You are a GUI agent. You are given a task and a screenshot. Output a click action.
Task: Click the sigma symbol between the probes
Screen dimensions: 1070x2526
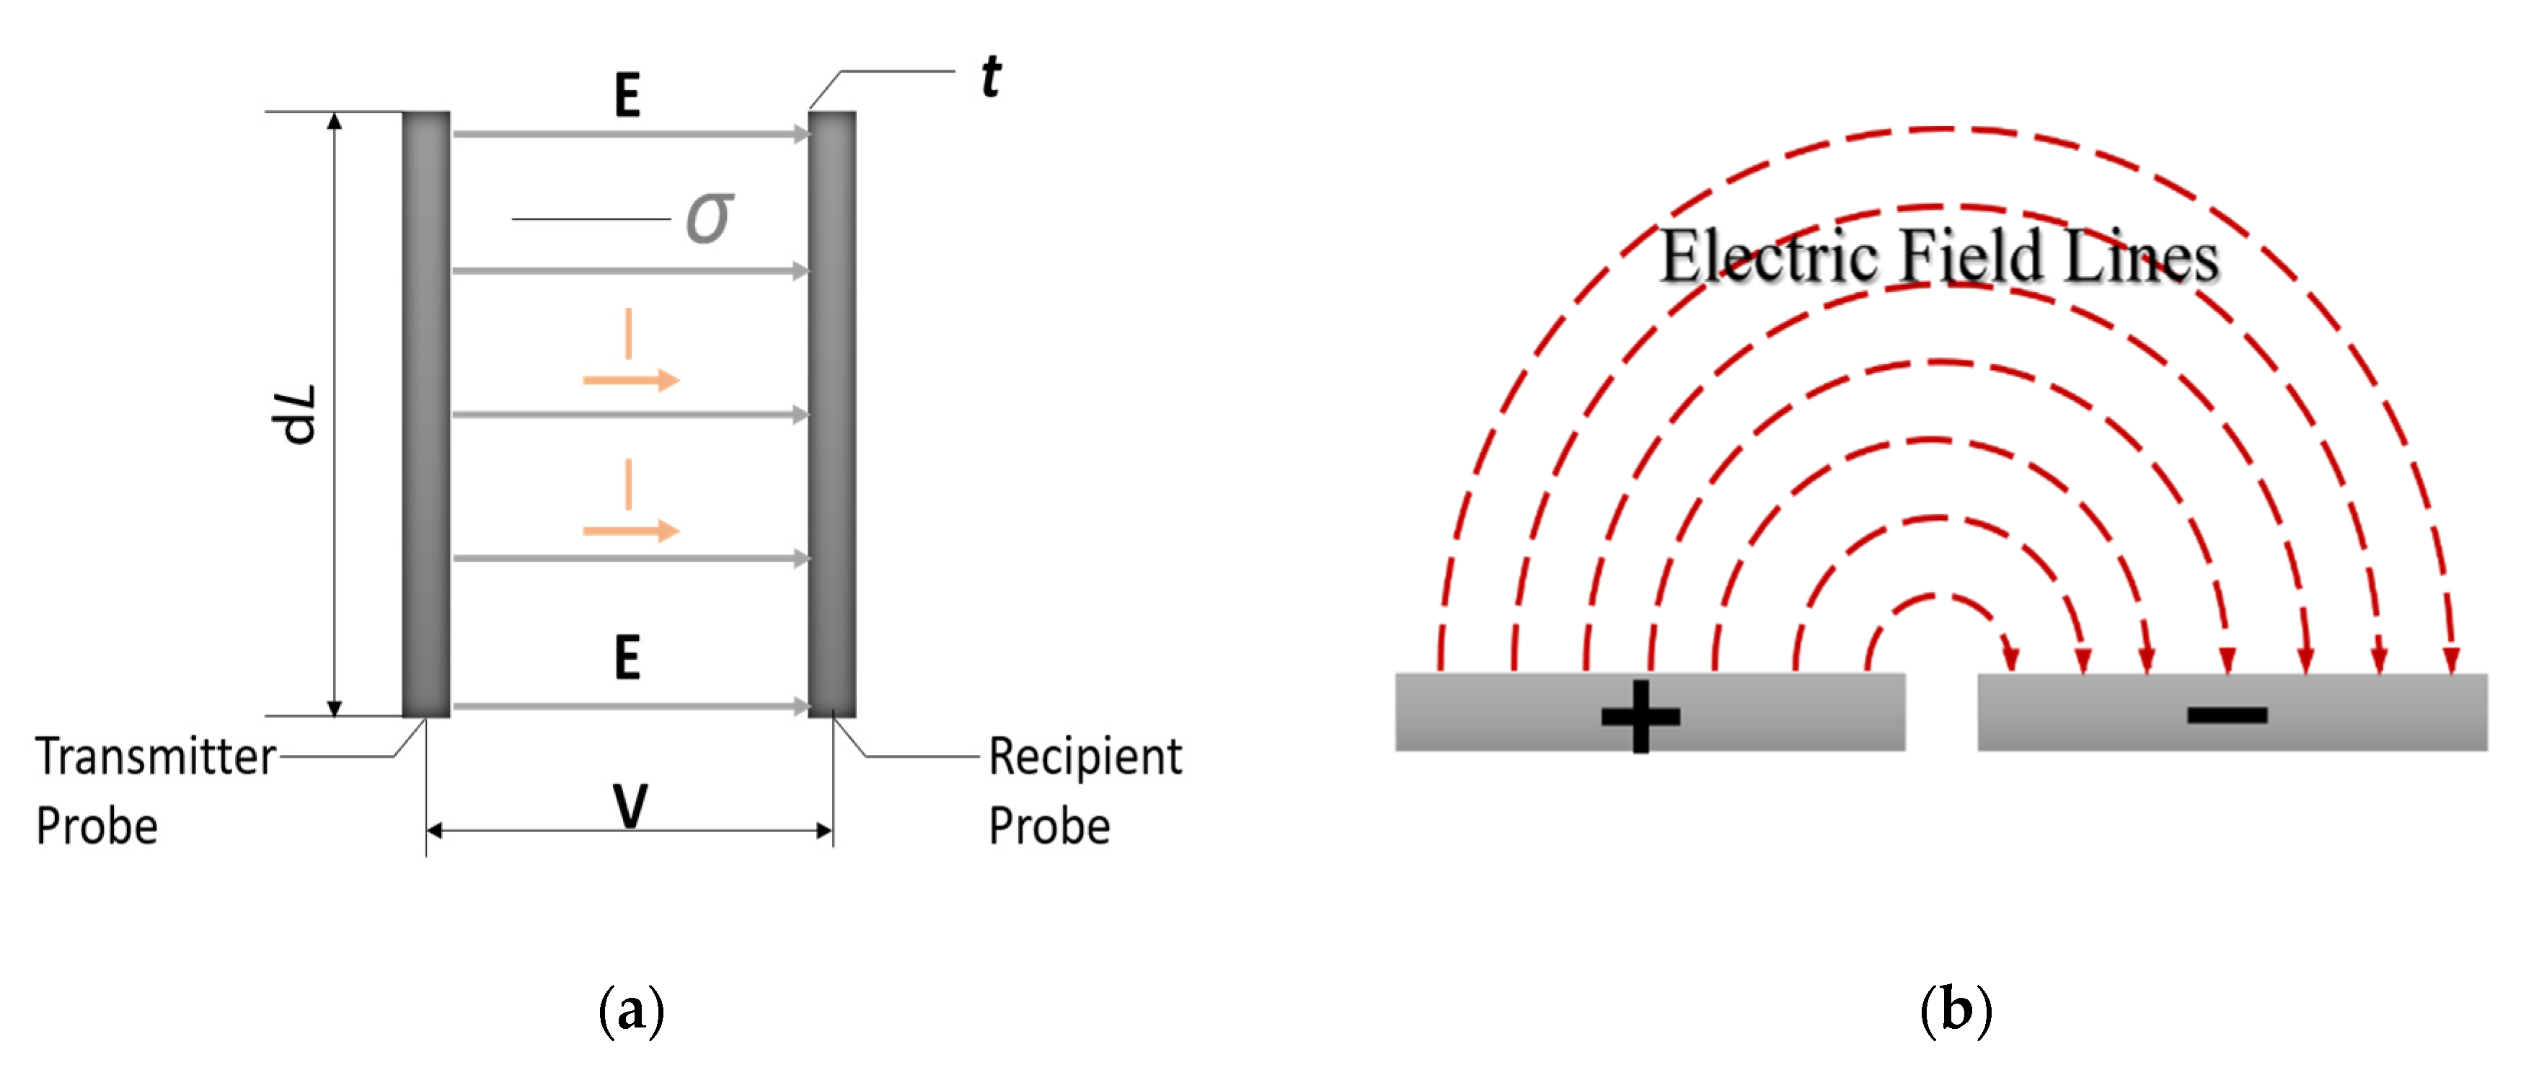pos(709,218)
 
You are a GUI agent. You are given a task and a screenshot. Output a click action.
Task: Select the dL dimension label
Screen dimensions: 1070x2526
pos(295,414)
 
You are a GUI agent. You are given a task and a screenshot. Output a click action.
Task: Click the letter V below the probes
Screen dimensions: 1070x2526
pos(630,806)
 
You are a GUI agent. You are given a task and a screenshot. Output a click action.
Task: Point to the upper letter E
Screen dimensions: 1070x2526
pos(627,96)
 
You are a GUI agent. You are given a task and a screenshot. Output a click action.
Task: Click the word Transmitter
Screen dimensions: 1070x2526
pos(156,757)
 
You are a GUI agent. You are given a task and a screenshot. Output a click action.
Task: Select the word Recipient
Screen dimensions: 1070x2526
pos(1085,757)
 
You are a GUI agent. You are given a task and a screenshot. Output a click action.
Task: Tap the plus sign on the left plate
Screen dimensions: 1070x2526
pos(1640,716)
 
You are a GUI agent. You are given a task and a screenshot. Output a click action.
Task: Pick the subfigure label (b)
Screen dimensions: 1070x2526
pos(1956,1010)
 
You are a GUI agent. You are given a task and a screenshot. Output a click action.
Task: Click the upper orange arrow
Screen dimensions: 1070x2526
pos(632,379)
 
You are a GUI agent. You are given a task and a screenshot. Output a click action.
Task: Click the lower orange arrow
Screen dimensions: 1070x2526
pos(632,531)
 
